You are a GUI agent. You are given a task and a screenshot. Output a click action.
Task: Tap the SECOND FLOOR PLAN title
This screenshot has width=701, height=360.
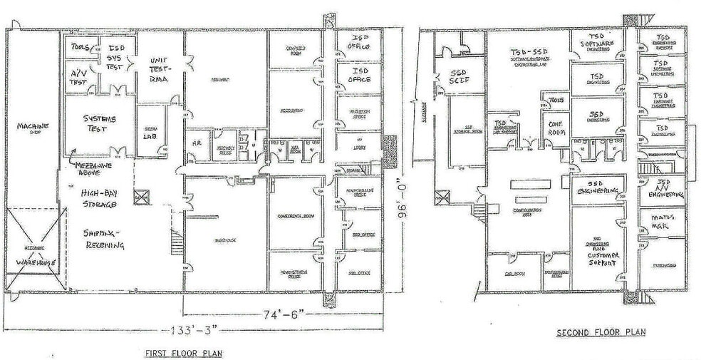[x=601, y=332]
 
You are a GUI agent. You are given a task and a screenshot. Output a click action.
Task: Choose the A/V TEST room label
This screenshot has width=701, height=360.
[x=77, y=77]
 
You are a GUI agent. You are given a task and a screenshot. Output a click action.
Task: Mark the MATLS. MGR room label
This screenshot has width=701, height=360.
[x=662, y=222]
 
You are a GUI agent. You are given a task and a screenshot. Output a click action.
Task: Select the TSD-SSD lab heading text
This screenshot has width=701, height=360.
[x=528, y=53]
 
